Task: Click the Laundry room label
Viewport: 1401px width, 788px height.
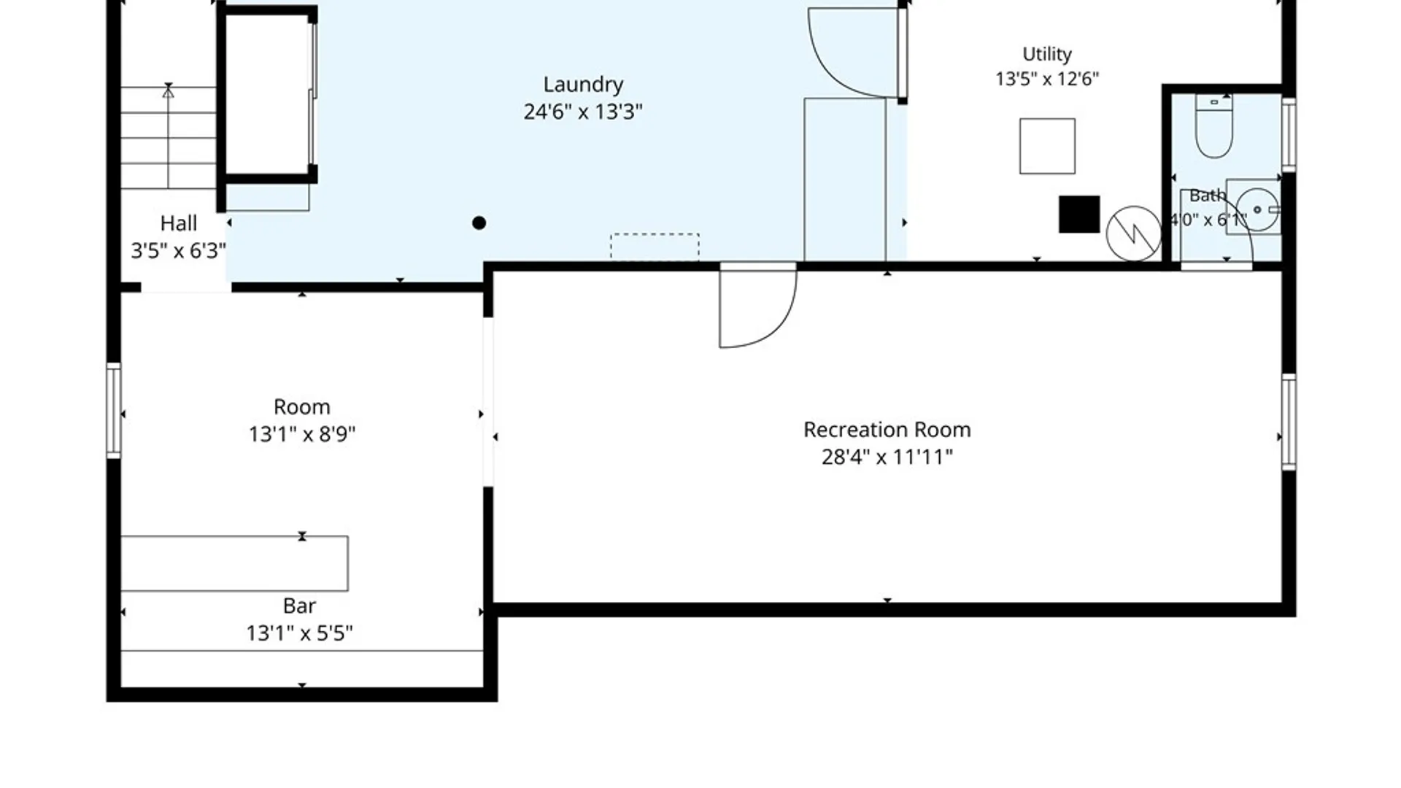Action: pyautogui.click(x=583, y=85)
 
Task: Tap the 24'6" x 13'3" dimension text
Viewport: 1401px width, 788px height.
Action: pyautogui.click(x=583, y=112)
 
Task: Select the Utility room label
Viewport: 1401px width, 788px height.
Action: pyautogui.click(x=1047, y=55)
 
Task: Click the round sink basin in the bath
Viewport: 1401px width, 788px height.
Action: pyautogui.click(x=1257, y=209)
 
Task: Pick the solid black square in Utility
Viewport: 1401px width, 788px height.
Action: pyautogui.click(x=1079, y=215)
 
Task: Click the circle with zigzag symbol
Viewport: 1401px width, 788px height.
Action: pyautogui.click(x=1134, y=233)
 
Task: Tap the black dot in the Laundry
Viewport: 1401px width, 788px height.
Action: pyautogui.click(x=479, y=223)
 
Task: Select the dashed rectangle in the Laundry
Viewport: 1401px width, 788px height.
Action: pyautogui.click(x=655, y=247)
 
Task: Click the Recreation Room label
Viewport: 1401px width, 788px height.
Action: pyautogui.click(x=887, y=430)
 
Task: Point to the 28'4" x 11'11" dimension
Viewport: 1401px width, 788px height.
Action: pyautogui.click(x=887, y=457)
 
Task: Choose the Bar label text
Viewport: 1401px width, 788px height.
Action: pyautogui.click(x=299, y=606)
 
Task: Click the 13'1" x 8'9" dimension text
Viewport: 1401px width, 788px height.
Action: pyautogui.click(x=302, y=434)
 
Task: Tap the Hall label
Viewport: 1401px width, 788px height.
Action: pyautogui.click(x=179, y=223)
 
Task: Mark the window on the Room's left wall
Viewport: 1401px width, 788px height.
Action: pyautogui.click(x=114, y=411)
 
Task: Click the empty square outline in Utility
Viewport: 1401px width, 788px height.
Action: pyautogui.click(x=1047, y=146)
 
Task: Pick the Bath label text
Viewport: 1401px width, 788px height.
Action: pyautogui.click(x=1208, y=196)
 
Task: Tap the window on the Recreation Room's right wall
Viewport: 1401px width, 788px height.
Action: pyautogui.click(x=1289, y=422)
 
